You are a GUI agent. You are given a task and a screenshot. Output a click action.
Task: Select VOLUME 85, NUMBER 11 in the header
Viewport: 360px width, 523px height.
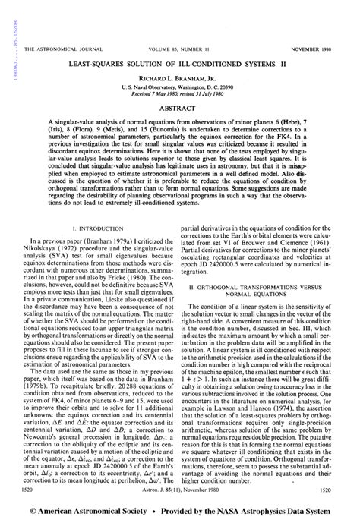(x=178, y=49)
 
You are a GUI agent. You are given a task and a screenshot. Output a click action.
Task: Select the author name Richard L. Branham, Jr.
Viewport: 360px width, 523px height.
(x=180, y=78)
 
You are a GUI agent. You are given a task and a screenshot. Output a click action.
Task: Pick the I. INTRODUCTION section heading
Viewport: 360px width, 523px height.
(x=97, y=228)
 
